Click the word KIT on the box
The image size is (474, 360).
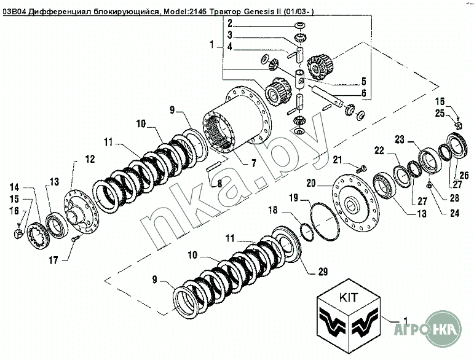point(348,297)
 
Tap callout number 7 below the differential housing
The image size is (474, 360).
point(253,163)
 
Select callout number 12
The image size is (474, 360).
point(90,159)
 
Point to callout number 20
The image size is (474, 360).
point(310,183)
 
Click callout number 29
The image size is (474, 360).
point(323,272)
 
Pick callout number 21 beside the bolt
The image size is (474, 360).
point(338,159)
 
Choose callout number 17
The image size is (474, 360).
point(53,260)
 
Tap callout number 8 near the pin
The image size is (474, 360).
point(219,183)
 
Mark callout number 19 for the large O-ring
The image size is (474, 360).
point(293,198)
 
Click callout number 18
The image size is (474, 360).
point(273,209)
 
